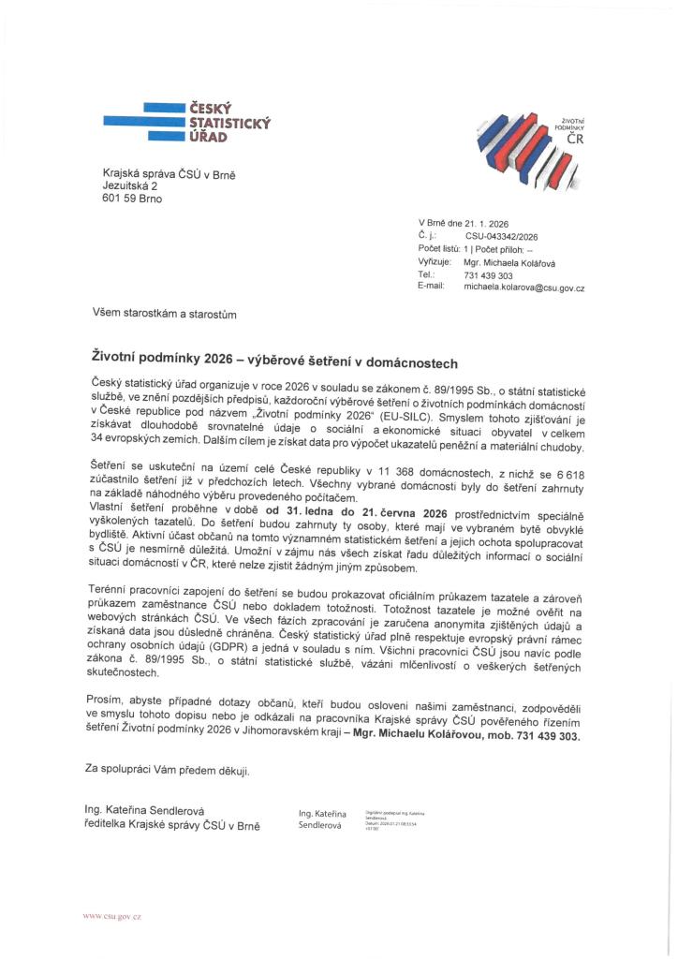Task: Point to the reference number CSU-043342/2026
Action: (500, 238)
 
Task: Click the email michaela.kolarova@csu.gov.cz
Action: (523, 288)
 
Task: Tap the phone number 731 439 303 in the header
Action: (488, 276)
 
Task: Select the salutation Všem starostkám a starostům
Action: (165, 316)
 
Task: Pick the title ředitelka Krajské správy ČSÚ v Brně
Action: (172, 825)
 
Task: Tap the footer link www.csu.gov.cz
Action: (112, 914)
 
